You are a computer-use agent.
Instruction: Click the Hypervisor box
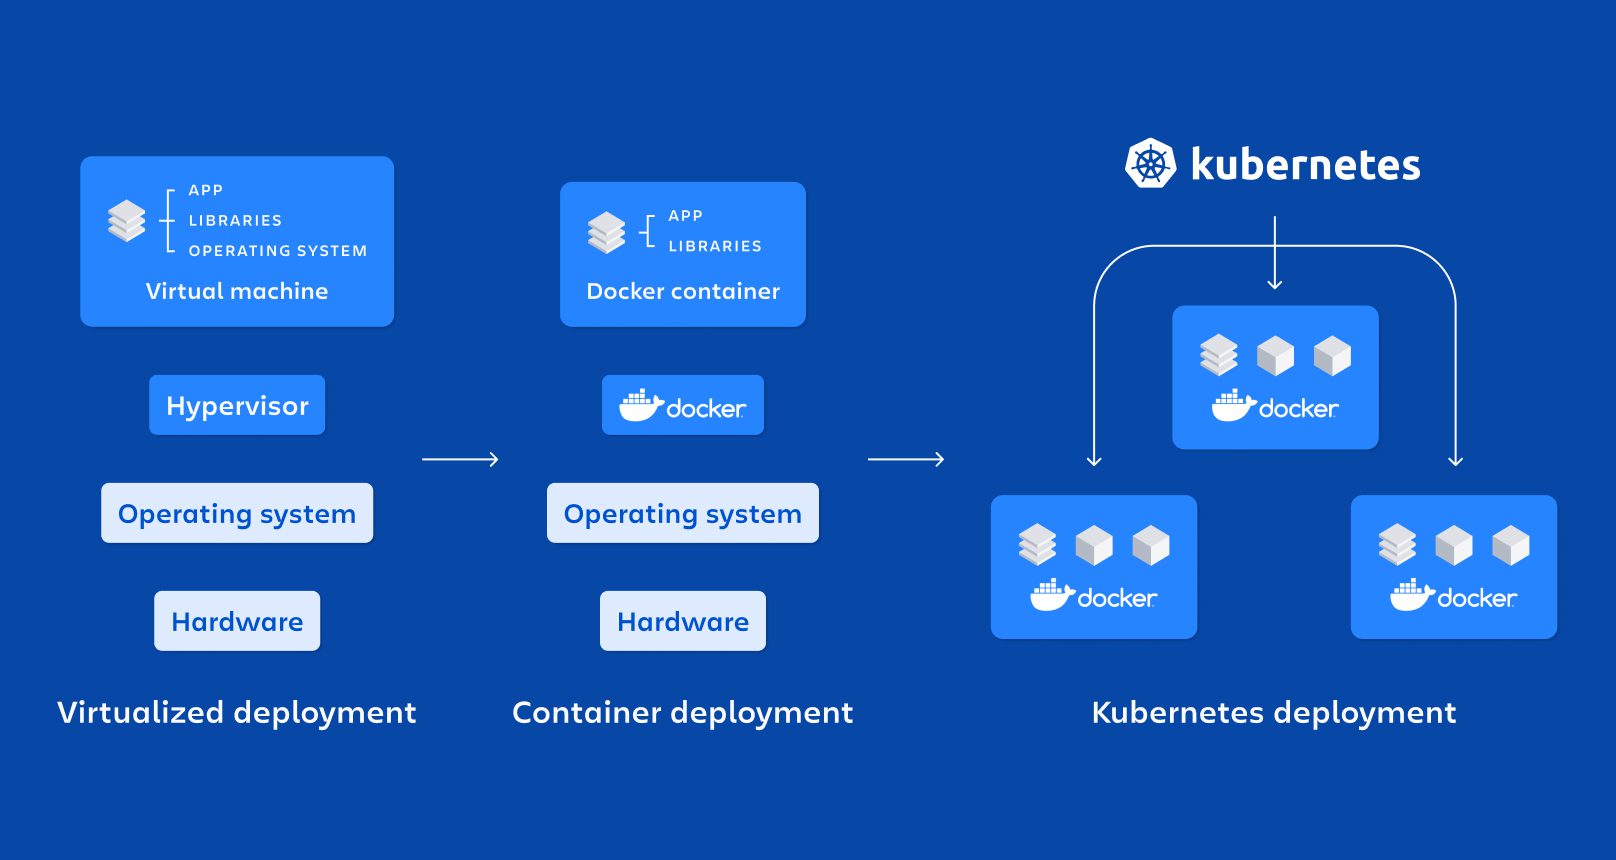(x=237, y=405)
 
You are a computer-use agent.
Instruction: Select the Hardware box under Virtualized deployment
(x=237, y=621)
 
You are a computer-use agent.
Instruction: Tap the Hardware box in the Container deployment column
(x=683, y=621)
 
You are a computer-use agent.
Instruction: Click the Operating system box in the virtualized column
(x=237, y=513)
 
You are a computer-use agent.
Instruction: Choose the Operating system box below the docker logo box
(x=683, y=513)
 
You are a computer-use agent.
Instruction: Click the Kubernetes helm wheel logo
(x=1150, y=163)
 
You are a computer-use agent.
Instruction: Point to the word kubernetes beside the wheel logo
(x=1305, y=165)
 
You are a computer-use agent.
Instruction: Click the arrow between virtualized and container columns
(x=460, y=459)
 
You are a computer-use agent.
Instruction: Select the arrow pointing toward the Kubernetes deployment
(x=906, y=459)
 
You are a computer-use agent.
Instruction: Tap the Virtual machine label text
(x=237, y=291)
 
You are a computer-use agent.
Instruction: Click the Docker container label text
(x=683, y=291)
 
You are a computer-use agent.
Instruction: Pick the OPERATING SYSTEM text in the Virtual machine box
(x=278, y=251)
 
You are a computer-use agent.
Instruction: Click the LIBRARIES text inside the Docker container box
(x=715, y=246)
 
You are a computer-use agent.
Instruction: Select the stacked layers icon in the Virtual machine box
(x=127, y=221)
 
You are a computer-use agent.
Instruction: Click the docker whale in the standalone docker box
(x=640, y=406)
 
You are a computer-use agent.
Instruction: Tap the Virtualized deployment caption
(x=237, y=712)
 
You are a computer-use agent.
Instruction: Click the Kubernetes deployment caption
(x=1274, y=712)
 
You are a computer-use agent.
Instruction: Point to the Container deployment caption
(x=683, y=712)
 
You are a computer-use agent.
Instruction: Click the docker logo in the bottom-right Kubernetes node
(x=1453, y=597)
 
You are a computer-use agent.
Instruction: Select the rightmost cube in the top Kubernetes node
(x=1332, y=355)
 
